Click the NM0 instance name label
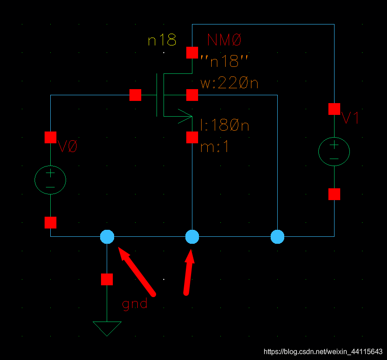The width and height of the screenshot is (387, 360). [x=224, y=41]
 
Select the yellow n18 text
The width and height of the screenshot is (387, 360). [x=162, y=41]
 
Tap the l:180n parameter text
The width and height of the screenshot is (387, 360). [x=224, y=125]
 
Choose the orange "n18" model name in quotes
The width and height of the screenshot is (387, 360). [x=224, y=62]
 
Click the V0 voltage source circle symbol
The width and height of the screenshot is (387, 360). [x=50, y=179]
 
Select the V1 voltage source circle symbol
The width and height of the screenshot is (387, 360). [x=334, y=151]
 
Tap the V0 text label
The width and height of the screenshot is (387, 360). [x=67, y=147]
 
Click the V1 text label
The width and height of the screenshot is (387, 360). [x=350, y=118]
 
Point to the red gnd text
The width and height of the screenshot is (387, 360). [x=135, y=304]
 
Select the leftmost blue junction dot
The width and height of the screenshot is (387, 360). [x=107, y=237]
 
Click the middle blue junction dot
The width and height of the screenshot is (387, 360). [x=192, y=237]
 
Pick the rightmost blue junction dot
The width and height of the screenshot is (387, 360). [x=277, y=237]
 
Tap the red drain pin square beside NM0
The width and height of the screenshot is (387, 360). [x=192, y=52]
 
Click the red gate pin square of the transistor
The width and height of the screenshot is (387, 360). [x=135, y=95]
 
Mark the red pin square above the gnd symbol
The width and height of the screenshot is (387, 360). [x=107, y=279]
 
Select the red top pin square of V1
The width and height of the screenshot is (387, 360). [x=334, y=109]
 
